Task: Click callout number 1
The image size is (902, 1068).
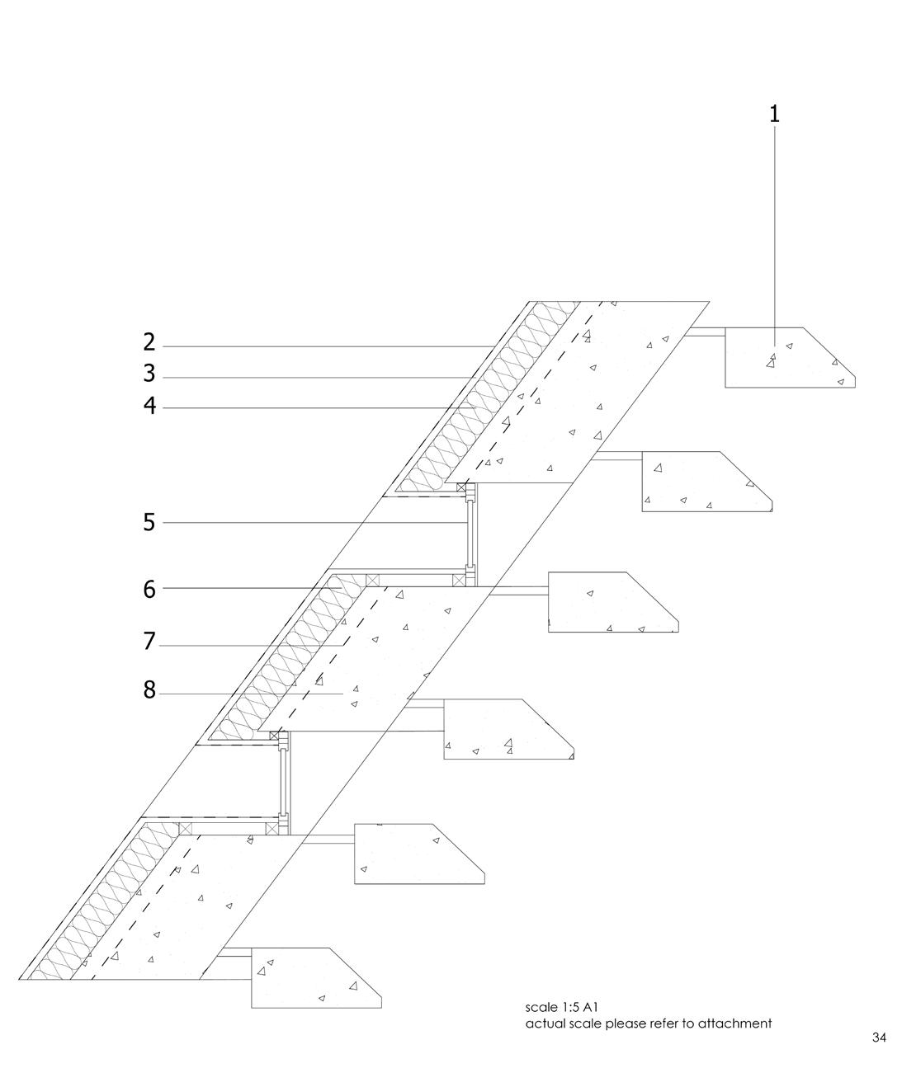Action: (x=774, y=114)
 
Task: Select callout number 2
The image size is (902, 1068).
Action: (x=149, y=342)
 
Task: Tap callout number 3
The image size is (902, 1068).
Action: (x=149, y=374)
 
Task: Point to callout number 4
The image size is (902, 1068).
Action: (x=149, y=406)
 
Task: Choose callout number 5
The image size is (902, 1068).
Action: (x=149, y=522)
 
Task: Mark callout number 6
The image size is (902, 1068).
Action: (x=149, y=589)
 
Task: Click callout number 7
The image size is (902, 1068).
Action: (x=149, y=641)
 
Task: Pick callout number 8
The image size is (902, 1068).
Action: (x=149, y=690)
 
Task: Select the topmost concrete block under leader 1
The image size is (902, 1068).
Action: (x=784, y=358)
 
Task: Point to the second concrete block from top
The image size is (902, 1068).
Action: (x=701, y=482)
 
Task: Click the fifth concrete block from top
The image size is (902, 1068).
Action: (x=413, y=854)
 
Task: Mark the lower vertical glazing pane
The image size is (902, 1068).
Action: (x=283, y=780)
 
